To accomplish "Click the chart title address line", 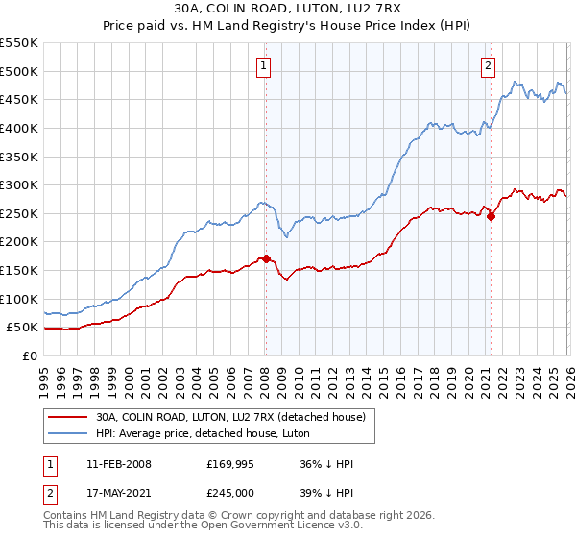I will (x=288, y=9).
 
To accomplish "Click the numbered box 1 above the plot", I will (x=262, y=66).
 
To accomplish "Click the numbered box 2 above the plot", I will (x=489, y=66).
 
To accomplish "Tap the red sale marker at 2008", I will (x=266, y=258).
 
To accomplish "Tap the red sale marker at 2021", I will (x=491, y=216).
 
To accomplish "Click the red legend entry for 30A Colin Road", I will (x=230, y=418).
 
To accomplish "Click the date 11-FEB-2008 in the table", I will (x=118, y=464).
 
